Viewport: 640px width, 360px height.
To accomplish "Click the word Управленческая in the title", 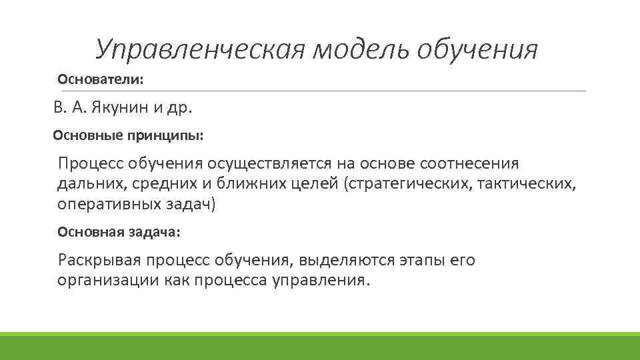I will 198,49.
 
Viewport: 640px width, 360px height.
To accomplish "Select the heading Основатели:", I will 101,79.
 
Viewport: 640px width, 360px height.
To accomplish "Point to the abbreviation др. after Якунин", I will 186,108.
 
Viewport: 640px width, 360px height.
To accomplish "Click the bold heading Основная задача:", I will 119,233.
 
